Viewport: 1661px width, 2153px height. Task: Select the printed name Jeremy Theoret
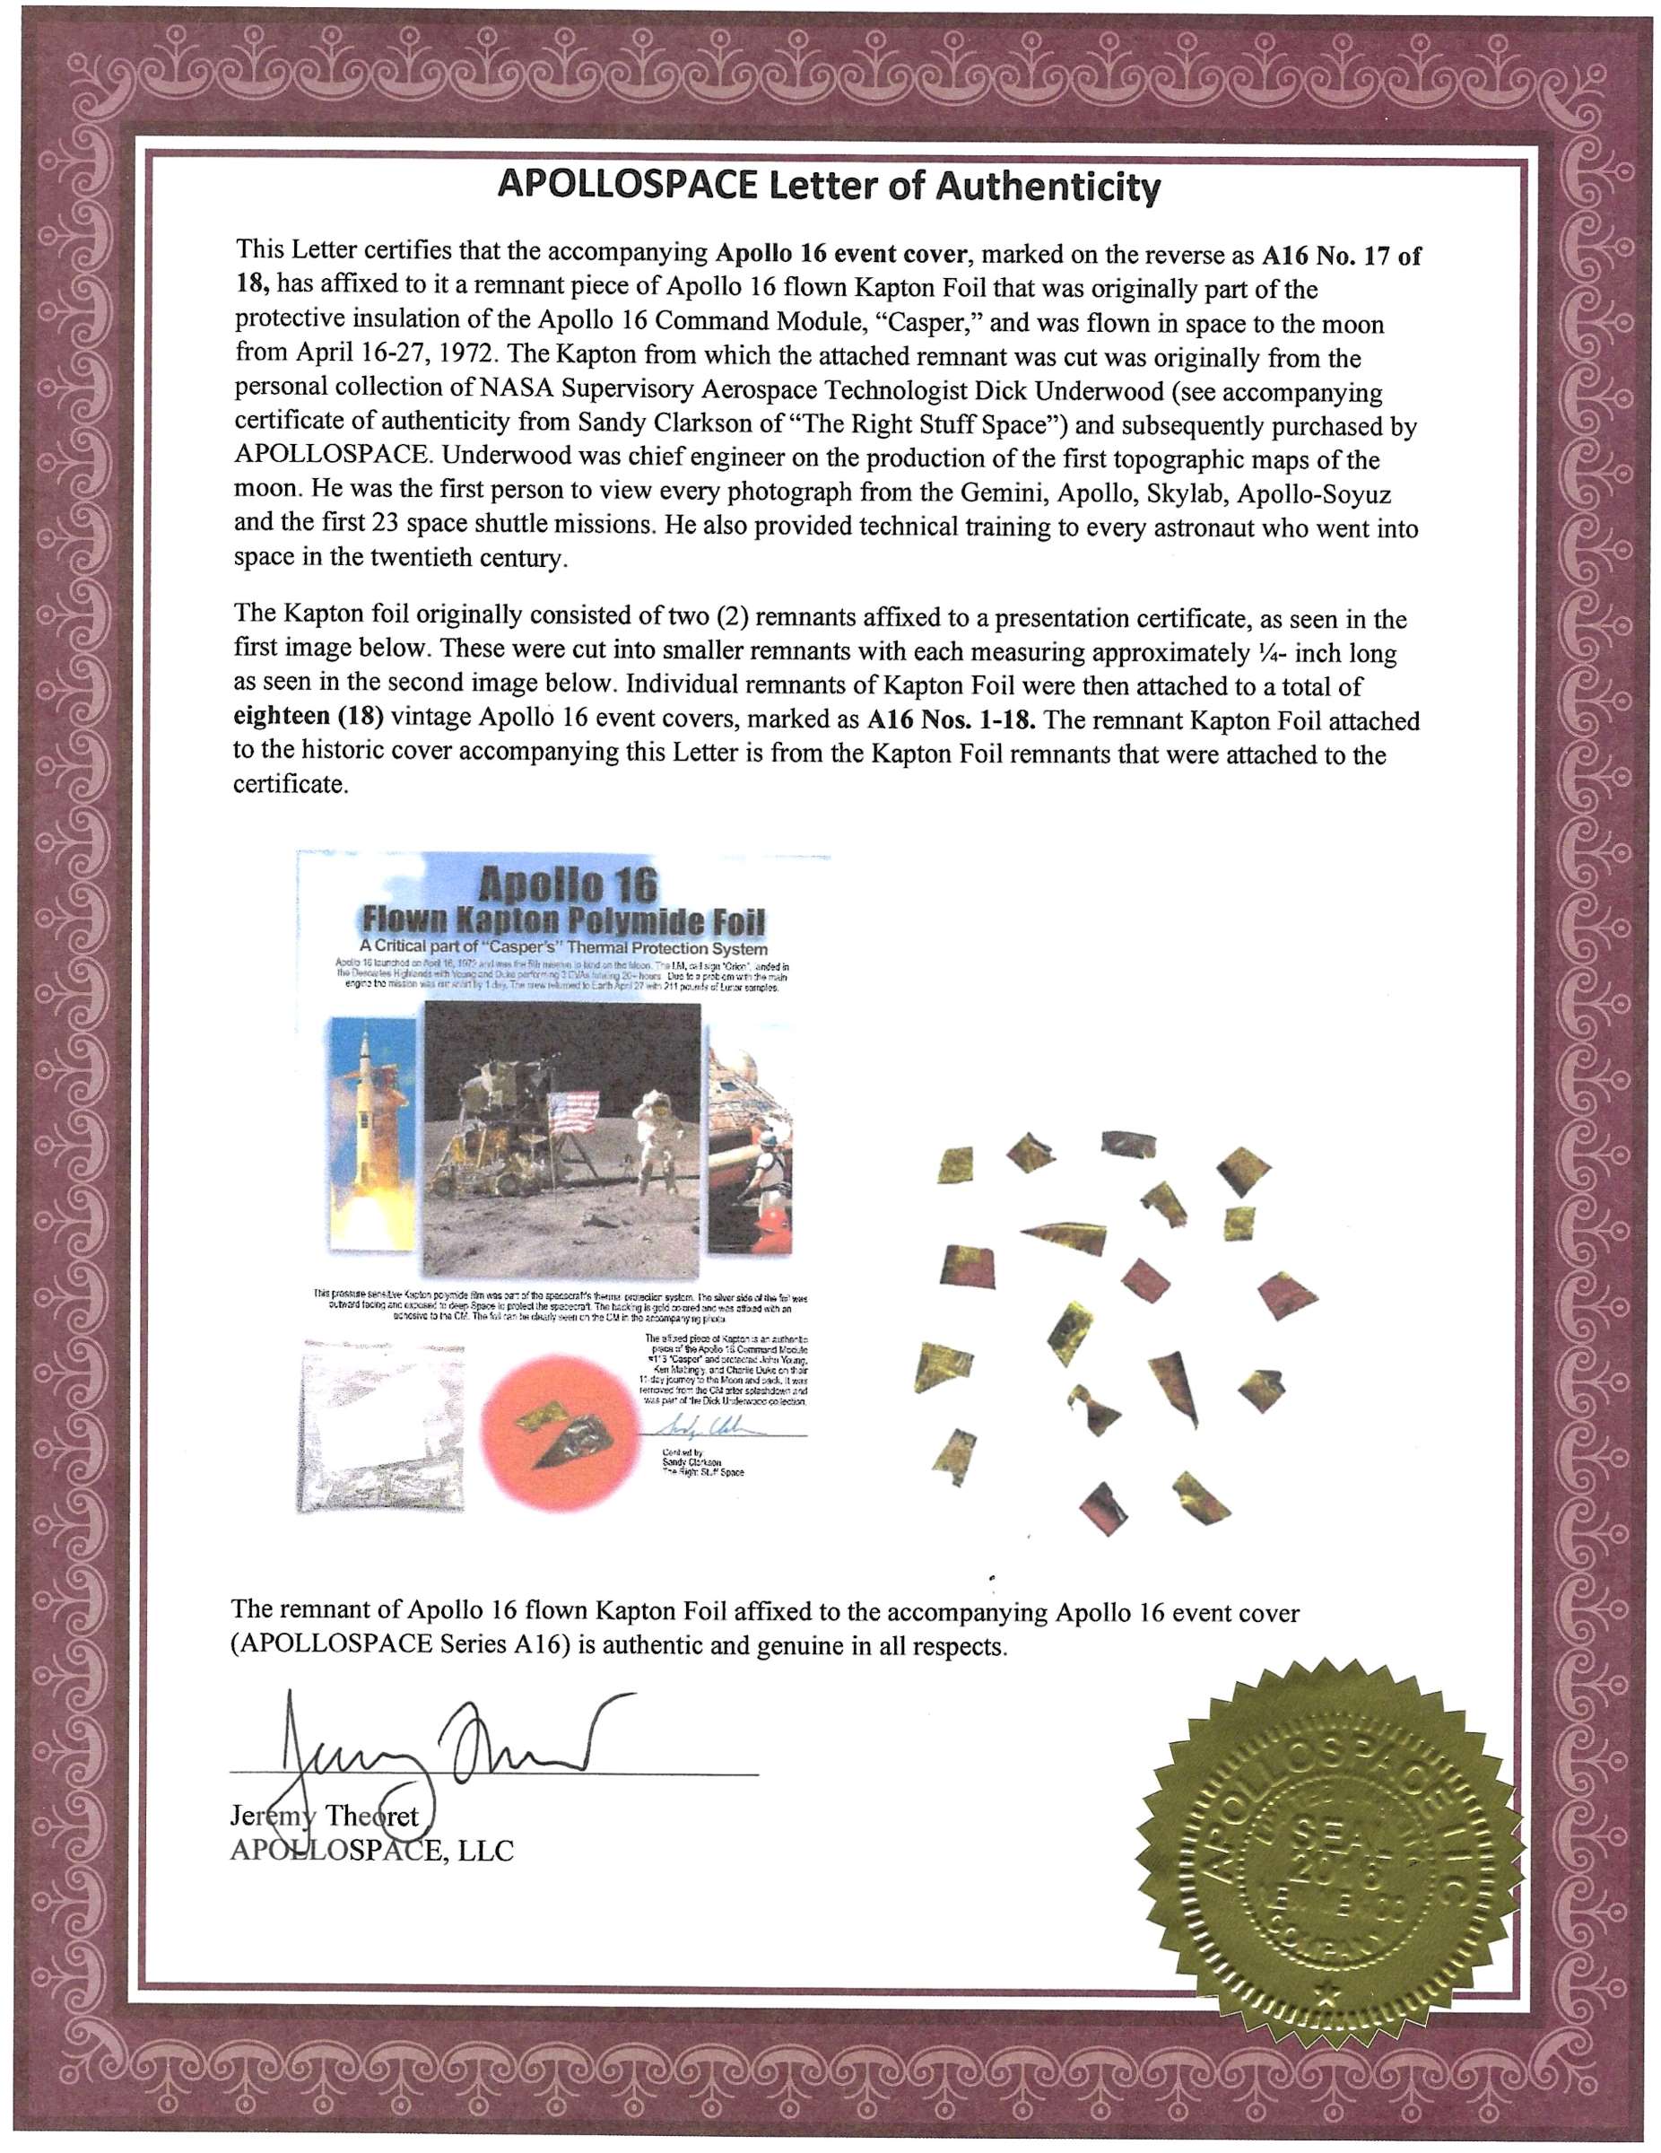coord(326,1817)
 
